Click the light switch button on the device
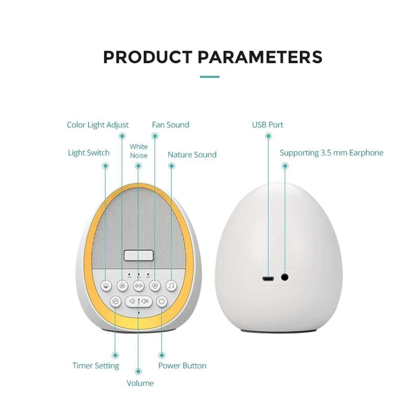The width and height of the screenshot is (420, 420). (105, 286)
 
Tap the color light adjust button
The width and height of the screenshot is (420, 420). (122, 286)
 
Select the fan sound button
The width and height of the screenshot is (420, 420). (155, 286)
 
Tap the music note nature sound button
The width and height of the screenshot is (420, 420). (171, 286)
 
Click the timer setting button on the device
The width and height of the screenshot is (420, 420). (115, 301)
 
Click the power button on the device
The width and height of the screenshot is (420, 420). (161, 301)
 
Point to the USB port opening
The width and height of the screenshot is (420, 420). (268, 278)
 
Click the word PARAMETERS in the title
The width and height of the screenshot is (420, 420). (260, 57)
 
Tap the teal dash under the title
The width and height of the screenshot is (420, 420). (210, 77)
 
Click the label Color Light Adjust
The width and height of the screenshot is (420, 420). (98, 125)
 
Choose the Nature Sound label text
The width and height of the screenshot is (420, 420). (192, 155)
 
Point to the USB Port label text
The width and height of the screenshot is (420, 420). (267, 125)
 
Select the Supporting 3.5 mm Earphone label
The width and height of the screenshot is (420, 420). (331, 153)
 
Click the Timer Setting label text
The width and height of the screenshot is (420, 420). (96, 366)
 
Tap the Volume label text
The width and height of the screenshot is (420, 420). (140, 383)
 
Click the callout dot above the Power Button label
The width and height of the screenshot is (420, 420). (161, 355)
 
